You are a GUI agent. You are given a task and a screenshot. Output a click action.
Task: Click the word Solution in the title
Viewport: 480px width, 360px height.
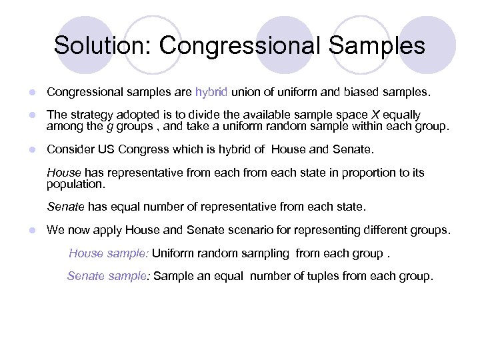point(103,45)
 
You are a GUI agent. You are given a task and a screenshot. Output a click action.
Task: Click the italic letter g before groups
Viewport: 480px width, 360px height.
point(109,125)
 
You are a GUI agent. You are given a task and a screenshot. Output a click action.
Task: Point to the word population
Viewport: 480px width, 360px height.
point(75,183)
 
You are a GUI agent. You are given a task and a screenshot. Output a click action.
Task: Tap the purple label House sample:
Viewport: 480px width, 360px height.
point(110,253)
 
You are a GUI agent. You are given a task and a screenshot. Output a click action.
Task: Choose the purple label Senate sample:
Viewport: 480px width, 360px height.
point(109,276)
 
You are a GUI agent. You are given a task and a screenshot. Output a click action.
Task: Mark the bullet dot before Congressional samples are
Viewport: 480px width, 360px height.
point(31,91)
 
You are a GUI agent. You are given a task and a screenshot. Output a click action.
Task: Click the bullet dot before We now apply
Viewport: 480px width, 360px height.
point(31,231)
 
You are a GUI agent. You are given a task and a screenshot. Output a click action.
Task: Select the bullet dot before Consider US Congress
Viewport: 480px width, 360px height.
point(31,150)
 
